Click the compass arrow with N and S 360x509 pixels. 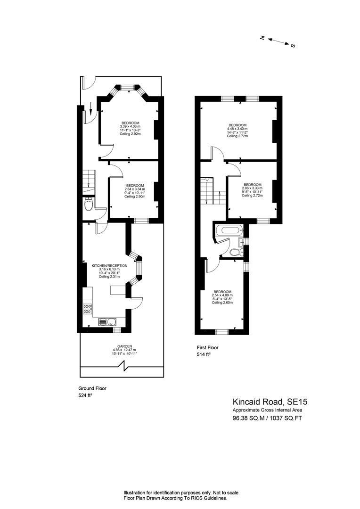(x=278, y=41)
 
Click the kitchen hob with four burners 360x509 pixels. (x=87, y=309)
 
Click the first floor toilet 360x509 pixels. (x=234, y=252)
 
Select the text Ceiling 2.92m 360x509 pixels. (x=130, y=134)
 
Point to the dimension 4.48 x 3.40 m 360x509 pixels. (x=237, y=129)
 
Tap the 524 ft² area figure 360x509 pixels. (x=85, y=396)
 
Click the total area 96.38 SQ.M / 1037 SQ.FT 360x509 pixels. (x=266, y=418)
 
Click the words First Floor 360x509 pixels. (x=208, y=347)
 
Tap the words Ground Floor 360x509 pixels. (x=92, y=388)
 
